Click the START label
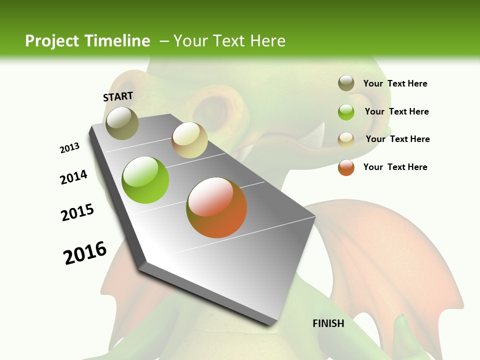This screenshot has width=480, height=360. (x=118, y=96)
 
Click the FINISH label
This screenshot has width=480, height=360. (x=328, y=323)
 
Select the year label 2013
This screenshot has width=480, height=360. (x=69, y=148)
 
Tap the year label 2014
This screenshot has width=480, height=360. (x=73, y=177)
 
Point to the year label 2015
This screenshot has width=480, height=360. (x=77, y=212)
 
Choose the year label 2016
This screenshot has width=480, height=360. (x=85, y=253)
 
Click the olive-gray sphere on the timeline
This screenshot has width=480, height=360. (x=122, y=123)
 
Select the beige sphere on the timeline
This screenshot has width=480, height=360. (x=189, y=139)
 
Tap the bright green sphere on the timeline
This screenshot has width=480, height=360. (x=145, y=180)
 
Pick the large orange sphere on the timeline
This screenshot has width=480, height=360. (x=216, y=207)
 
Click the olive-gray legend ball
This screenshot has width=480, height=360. (x=346, y=83)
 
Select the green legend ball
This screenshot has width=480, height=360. (x=346, y=111)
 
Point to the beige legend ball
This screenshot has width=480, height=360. (x=346, y=139)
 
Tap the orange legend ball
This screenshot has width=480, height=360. (x=346, y=167)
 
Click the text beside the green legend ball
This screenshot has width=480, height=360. (x=396, y=111)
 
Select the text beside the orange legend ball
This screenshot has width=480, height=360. (x=395, y=167)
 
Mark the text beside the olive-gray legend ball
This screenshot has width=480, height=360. (x=395, y=83)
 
